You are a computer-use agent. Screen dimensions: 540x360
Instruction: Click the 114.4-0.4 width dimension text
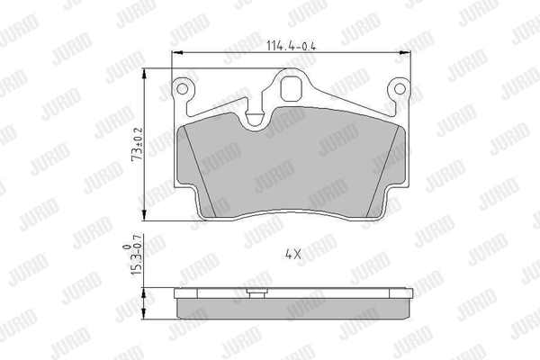click(292, 46)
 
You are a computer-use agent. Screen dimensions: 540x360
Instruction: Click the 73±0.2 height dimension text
click(138, 144)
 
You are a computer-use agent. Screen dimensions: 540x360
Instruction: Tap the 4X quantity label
click(293, 255)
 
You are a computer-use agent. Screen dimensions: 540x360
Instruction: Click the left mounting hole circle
click(182, 89)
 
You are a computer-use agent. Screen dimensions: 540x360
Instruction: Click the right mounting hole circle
click(400, 89)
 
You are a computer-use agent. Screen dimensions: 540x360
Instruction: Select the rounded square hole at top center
click(292, 88)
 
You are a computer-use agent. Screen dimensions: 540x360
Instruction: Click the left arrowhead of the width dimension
click(176, 53)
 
